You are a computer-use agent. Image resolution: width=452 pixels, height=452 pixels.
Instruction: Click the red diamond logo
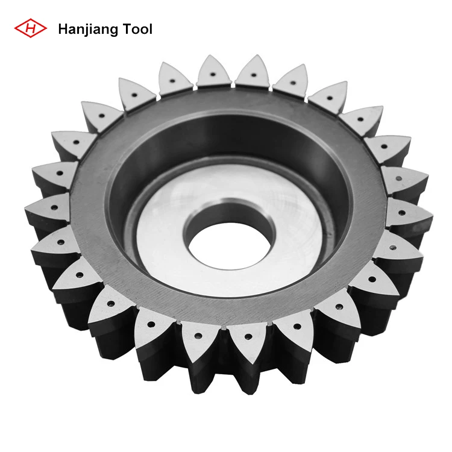(x=31, y=28)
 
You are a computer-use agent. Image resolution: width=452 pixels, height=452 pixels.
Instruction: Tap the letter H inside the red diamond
(x=31, y=28)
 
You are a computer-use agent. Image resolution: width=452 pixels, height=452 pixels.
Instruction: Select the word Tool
(x=136, y=28)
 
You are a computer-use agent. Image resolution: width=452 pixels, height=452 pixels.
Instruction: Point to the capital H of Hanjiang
(x=62, y=28)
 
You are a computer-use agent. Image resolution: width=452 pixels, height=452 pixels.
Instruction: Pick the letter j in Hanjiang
(x=84, y=30)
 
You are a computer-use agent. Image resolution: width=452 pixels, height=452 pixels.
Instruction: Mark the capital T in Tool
(x=125, y=28)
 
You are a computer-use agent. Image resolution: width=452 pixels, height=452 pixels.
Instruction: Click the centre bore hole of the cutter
(x=229, y=230)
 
